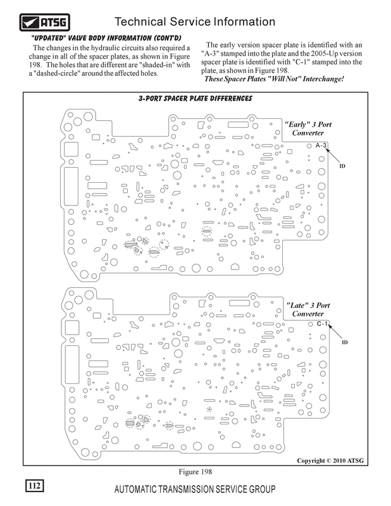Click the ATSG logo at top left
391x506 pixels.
(x=44, y=22)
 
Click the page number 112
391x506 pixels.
(x=35, y=486)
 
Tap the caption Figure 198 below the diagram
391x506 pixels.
(x=195, y=472)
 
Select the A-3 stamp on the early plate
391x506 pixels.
(x=321, y=145)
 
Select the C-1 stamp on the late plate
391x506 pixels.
(x=322, y=324)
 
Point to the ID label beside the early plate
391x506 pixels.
(x=342, y=166)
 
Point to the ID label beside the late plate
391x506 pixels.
(x=345, y=342)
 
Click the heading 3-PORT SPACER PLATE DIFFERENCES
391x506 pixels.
(x=195, y=99)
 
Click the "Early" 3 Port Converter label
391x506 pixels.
(x=307, y=128)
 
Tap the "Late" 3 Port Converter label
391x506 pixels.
(x=307, y=309)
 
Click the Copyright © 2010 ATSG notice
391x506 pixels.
(x=330, y=460)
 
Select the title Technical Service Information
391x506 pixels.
(x=195, y=22)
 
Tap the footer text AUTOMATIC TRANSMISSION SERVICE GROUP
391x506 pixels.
(x=195, y=489)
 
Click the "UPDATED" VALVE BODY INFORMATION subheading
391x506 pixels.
(x=106, y=38)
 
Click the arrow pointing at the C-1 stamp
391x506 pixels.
(x=335, y=332)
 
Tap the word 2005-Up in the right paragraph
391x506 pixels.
(x=323, y=54)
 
